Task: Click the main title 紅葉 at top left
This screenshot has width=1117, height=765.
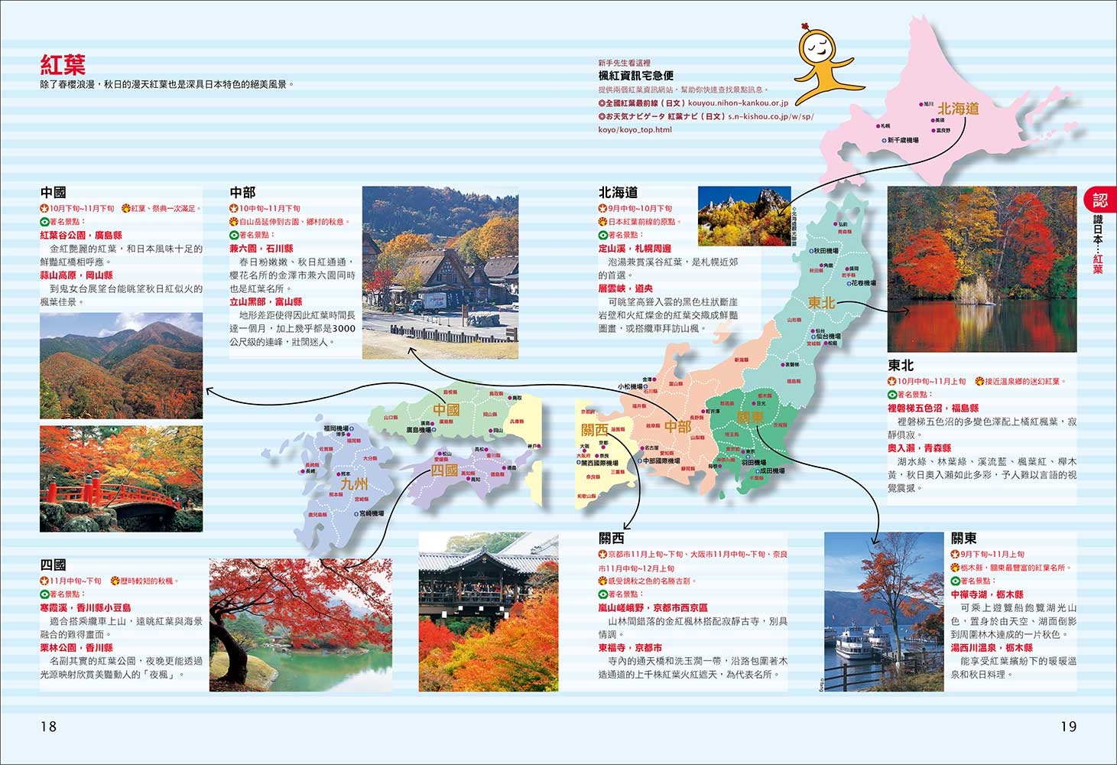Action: click(x=63, y=64)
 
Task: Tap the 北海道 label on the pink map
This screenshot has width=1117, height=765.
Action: click(x=958, y=109)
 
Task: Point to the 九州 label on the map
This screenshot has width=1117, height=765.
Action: click(x=354, y=483)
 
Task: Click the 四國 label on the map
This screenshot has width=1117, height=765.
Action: click(x=444, y=470)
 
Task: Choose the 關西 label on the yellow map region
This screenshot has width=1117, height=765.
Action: click(x=594, y=429)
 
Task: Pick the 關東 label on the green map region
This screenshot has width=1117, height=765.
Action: click(x=750, y=418)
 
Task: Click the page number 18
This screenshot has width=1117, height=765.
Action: click(x=48, y=726)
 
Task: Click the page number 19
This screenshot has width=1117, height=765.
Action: click(x=1068, y=726)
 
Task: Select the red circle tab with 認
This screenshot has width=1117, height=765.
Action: click(x=1099, y=200)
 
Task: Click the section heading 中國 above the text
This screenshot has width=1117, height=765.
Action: click(x=54, y=193)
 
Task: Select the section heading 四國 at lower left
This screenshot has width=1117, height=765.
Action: click(x=54, y=565)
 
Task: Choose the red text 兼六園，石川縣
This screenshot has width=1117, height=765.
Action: click(x=261, y=249)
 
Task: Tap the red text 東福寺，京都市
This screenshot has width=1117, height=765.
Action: click(x=630, y=647)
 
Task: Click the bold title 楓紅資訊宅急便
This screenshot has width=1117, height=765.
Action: click(x=635, y=76)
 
